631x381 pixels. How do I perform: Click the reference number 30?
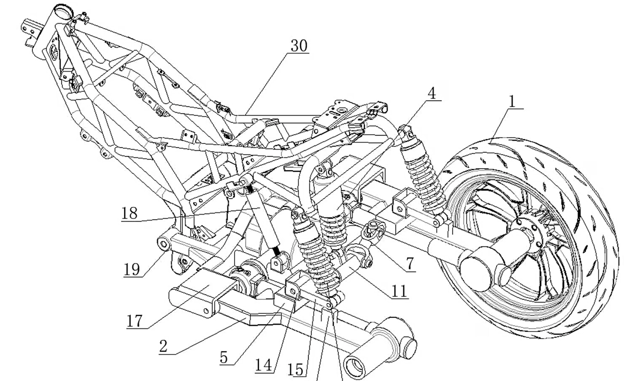(299, 46)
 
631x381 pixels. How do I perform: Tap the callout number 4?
(431, 93)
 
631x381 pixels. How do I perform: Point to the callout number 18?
(129, 213)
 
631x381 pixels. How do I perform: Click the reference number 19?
(131, 269)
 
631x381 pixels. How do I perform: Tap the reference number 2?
(163, 346)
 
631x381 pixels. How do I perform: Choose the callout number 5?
(223, 357)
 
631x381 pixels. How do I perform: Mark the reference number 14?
(264, 364)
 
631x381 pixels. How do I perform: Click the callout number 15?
(297, 369)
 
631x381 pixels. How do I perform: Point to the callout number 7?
(410, 264)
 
